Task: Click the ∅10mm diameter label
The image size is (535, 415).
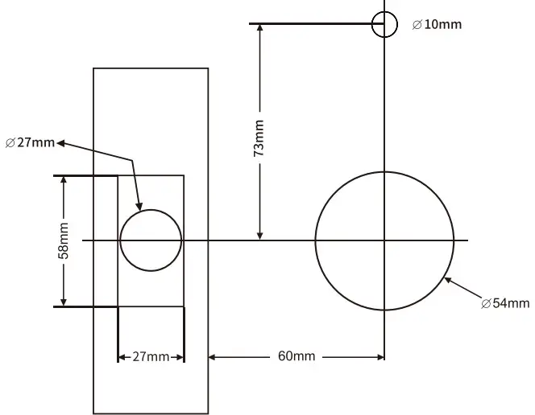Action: (x=437, y=24)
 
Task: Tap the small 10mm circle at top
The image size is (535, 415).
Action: (x=384, y=24)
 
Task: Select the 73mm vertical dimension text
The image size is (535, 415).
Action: (x=259, y=138)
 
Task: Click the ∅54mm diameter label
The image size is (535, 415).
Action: (x=505, y=303)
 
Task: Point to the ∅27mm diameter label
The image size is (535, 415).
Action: (x=30, y=143)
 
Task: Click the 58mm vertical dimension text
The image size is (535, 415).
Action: (x=64, y=240)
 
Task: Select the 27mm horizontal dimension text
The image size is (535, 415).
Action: (x=151, y=356)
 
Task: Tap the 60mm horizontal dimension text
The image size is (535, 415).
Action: (x=296, y=356)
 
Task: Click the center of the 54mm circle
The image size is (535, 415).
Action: (x=384, y=240)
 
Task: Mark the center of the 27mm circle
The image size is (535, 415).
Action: (x=151, y=240)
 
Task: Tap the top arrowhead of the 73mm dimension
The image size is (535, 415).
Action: (x=259, y=30)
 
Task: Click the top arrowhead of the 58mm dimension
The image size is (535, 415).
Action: (x=64, y=181)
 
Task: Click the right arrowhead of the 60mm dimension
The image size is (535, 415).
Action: (x=379, y=356)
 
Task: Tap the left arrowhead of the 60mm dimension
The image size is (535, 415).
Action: (x=214, y=356)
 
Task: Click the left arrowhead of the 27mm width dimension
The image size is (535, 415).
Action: (x=122, y=356)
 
